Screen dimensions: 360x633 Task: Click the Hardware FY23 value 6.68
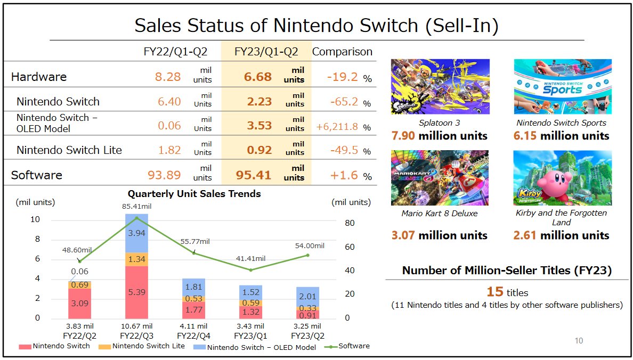[x=258, y=77]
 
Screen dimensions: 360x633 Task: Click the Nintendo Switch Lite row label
[x=69, y=150]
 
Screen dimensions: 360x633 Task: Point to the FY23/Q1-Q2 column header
[x=266, y=52]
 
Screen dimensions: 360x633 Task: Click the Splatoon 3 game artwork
[x=440, y=86]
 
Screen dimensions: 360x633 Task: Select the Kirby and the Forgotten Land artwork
[x=562, y=178]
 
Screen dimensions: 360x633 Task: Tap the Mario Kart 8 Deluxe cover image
[x=440, y=178]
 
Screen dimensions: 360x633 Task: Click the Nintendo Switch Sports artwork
[x=562, y=86]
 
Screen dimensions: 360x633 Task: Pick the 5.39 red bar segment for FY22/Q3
[x=136, y=292]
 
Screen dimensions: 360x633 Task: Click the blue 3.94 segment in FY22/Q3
[x=136, y=233]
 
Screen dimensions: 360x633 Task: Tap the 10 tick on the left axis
[x=36, y=220]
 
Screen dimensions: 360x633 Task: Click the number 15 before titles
[x=495, y=292]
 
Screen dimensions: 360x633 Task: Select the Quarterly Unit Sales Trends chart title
[x=194, y=194]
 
